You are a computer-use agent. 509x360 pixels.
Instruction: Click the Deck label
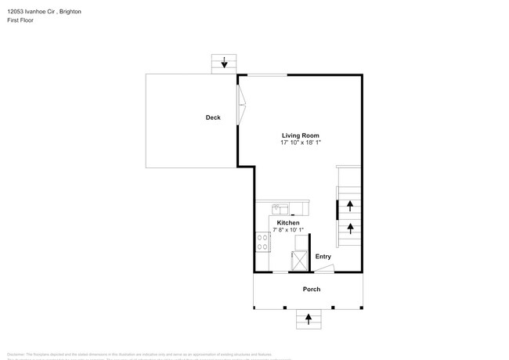click(213, 117)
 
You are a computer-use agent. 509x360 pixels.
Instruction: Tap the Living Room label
click(301, 135)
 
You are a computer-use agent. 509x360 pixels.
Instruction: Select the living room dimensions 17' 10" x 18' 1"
click(301, 142)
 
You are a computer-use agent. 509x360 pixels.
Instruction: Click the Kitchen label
click(288, 223)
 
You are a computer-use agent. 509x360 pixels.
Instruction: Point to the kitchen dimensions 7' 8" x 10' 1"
click(288, 229)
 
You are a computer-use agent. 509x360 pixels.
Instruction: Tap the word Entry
click(323, 257)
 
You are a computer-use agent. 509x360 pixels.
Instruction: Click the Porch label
click(312, 289)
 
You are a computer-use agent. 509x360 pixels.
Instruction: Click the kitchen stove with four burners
click(262, 243)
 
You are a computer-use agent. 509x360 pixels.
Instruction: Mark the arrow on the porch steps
click(309, 319)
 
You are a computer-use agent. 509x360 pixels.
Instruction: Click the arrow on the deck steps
click(225, 63)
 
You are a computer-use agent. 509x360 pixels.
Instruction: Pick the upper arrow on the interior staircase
click(350, 206)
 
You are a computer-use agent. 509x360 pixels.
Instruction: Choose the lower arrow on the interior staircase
click(350, 229)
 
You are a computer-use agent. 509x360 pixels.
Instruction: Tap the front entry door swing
click(324, 268)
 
